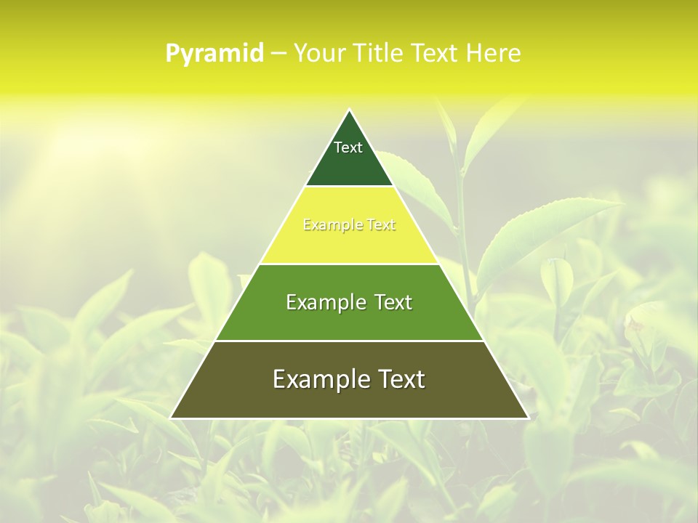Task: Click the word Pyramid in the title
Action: pos(214,53)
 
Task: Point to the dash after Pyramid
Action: pos(278,54)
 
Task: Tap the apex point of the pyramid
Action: pos(349,110)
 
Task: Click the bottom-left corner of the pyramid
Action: pos(171,418)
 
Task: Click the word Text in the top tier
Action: pos(348,147)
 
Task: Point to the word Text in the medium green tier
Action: pos(390,302)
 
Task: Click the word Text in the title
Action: pos(438,53)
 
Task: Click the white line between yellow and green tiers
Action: pos(349,264)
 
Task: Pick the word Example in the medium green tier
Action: pos(325,302)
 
